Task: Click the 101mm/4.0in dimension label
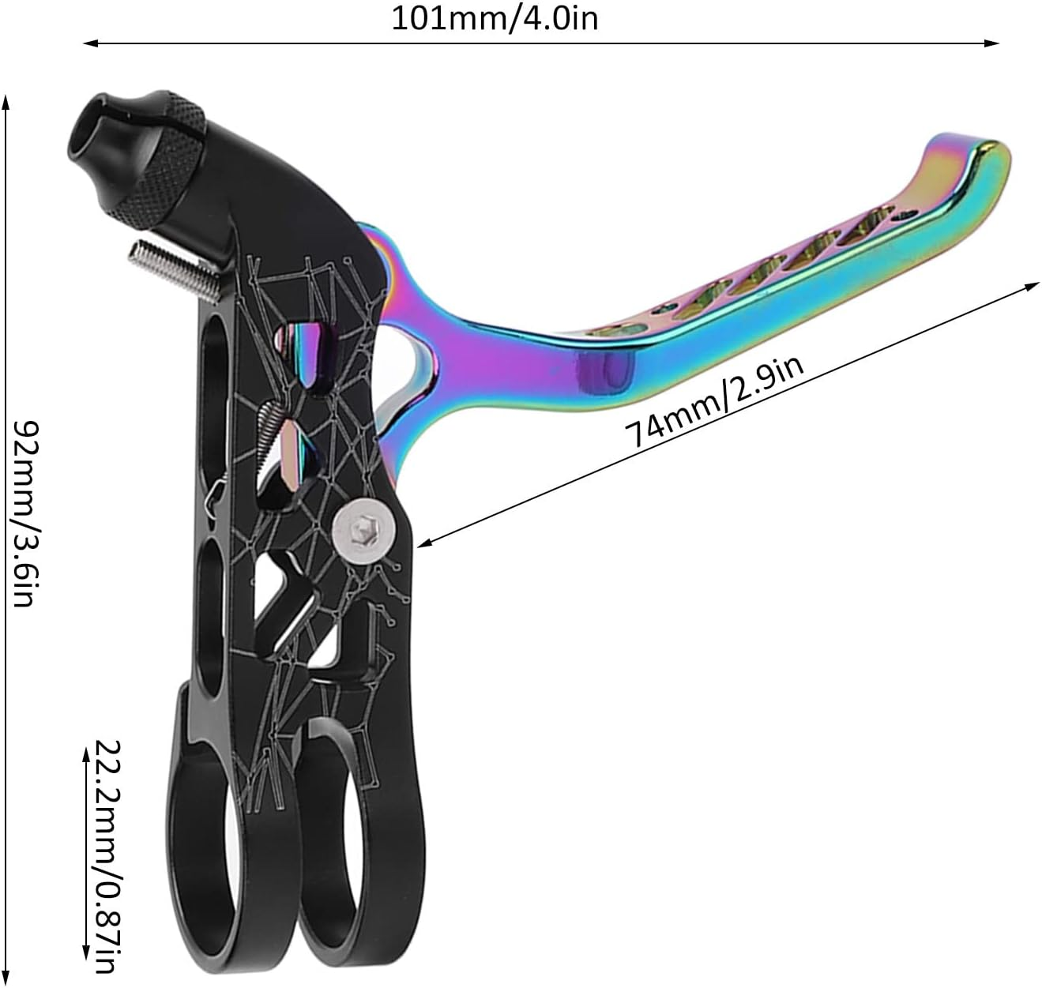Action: point(495,17)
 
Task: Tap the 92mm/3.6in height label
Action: point(24,513)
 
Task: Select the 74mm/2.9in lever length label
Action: point(714,402)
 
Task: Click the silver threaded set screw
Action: point(169,265)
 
